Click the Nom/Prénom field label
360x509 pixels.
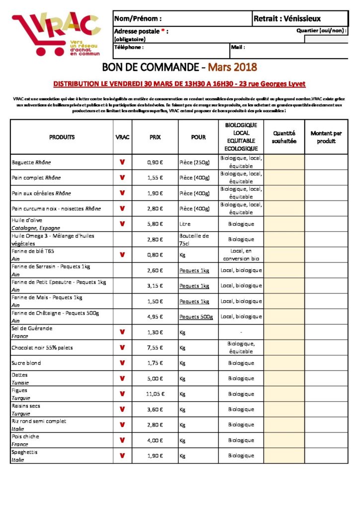pos(138,19)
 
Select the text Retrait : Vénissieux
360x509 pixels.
pos(287,19)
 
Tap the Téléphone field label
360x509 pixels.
pos(129,48)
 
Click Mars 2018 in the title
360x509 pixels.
pos(232,67)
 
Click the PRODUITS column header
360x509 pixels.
pos(62,137)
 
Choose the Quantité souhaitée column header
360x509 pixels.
pos(284,137)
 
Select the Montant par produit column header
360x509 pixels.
pos(326,137)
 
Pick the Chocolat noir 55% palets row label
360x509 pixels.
pos(42,348)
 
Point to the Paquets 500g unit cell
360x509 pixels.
pos(196,317)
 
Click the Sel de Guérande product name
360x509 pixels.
pos(32,329)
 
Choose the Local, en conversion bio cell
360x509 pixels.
pos(241,255)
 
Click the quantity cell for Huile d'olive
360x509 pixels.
pos(284,224)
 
